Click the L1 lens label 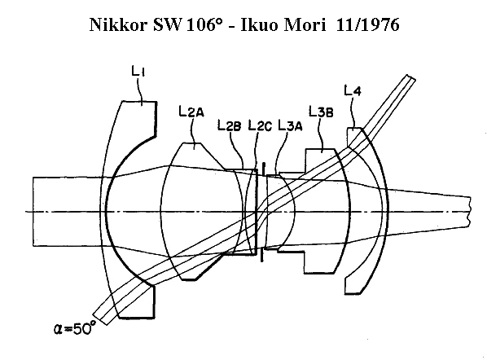pyautogui.click(x=138, y=71)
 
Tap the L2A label pyautogui.click(x=191, y=111)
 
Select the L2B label pyautogui.click(x=229, y=125)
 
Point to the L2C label pyautogui.click(x=260, y=125)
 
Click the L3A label pyautogui.click(x=290, y=125)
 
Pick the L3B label pyautogui.click(x=321, y=112)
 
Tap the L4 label pyautogui.click(x=353, y=90)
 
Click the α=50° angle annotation pyautogui.click(x=75, y=328)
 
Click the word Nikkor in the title pyautogui.click(x=118, y=24)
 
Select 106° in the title pyautogui.click(x=204, y=24)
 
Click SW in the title pyautogui.click(x=167, y=24)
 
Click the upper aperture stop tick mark pyautogui.click(x=263, y=169)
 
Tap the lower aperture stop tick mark pyautogui.click(x=262, y=255)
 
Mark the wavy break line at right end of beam pyautogui.click(x=470, y=211)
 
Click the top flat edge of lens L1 pyautogui.click(x=138, y=101)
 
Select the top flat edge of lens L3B pyautogui.click(x=320, y=149)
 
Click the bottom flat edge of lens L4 pyautogui.click(x=352, y=293)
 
